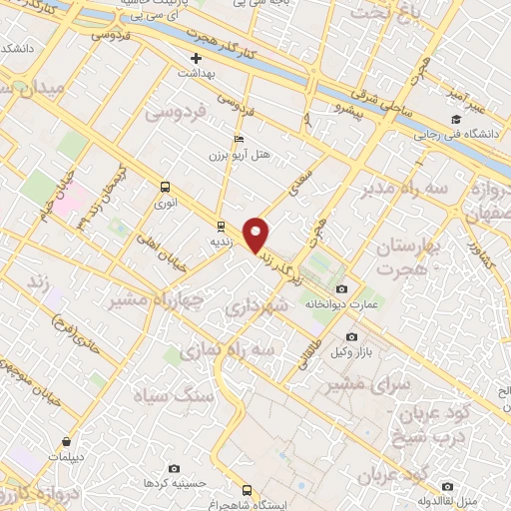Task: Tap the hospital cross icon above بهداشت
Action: [x=197, y=58]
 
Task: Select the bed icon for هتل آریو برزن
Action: [x=237, y=139]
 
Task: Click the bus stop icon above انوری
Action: [x=165, y=186]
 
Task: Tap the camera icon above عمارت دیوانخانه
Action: [x=342, y=288]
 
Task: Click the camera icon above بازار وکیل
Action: [x=350, y=337]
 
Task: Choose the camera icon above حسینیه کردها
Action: [x=175, y=468]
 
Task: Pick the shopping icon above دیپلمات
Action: [x=66, y=441]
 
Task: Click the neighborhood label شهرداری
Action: [x=257, y=310]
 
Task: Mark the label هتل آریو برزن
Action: [x=226, y=157]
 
